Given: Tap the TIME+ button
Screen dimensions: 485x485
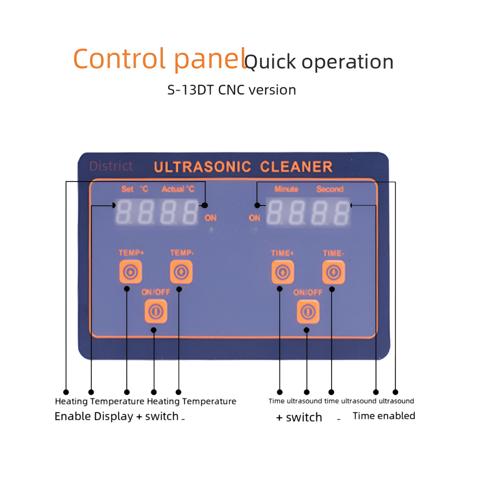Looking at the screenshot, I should [x=282, y=272].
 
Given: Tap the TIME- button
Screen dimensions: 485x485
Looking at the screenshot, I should [x=333, y=272].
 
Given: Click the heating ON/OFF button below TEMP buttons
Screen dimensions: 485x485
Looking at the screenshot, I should [x=155, y=311].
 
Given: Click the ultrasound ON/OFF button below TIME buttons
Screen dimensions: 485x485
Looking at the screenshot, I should [x=308, y=311].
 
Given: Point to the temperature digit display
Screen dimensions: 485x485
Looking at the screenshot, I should [x=157, y=212].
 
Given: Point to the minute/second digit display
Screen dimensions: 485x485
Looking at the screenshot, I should [x=308, y=212].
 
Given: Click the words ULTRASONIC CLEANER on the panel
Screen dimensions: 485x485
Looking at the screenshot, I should [x=243, y=167].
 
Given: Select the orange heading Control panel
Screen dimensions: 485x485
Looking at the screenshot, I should [x=159, y=59].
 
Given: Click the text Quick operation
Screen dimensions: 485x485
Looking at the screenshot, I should [x=319, y=62].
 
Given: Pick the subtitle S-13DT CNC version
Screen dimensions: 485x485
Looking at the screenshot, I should [x=232, y=90].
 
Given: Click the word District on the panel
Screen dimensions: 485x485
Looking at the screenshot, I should [x=111, y=166].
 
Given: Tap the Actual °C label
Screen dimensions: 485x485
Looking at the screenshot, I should [x=178, y=189].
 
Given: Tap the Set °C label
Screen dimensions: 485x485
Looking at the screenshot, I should [x=135, y=189].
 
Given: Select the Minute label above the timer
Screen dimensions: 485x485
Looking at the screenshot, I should [x=286, y=189].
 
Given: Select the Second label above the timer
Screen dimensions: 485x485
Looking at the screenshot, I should [x=330, y=189].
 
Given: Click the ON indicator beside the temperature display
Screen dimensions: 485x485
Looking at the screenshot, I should [x=210, y=218].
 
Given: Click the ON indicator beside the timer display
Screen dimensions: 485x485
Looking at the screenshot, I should [x=254, y=218].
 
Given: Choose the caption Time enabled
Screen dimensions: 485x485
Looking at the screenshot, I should [x=384, y=416].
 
